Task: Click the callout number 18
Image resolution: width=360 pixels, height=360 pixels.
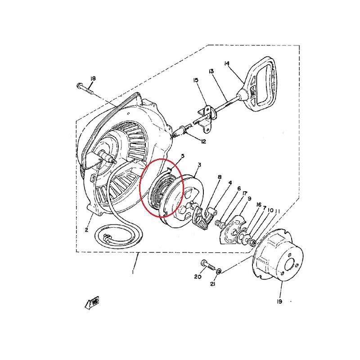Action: click(93, 78)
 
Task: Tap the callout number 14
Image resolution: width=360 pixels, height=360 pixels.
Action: click(227, 63)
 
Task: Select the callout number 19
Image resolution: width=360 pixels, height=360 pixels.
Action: click(279, 301)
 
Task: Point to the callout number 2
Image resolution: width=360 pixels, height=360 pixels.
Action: click(86, 229)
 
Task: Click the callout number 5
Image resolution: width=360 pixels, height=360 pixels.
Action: click(183, 156)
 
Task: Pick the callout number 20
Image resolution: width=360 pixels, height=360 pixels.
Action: click(198, 277)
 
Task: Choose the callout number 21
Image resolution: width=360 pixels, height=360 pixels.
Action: click(212, 284)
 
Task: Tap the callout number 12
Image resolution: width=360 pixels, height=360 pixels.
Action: click(203, 141)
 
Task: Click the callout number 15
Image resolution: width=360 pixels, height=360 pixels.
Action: click(196, 80)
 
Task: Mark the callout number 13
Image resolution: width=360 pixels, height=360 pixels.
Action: click(211, 71)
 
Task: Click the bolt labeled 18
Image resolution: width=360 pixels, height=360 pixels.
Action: click(85, 89)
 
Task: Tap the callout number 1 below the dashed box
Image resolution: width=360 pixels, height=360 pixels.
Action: click(133, 272)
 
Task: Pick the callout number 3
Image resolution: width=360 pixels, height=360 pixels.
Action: click(199, 165)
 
